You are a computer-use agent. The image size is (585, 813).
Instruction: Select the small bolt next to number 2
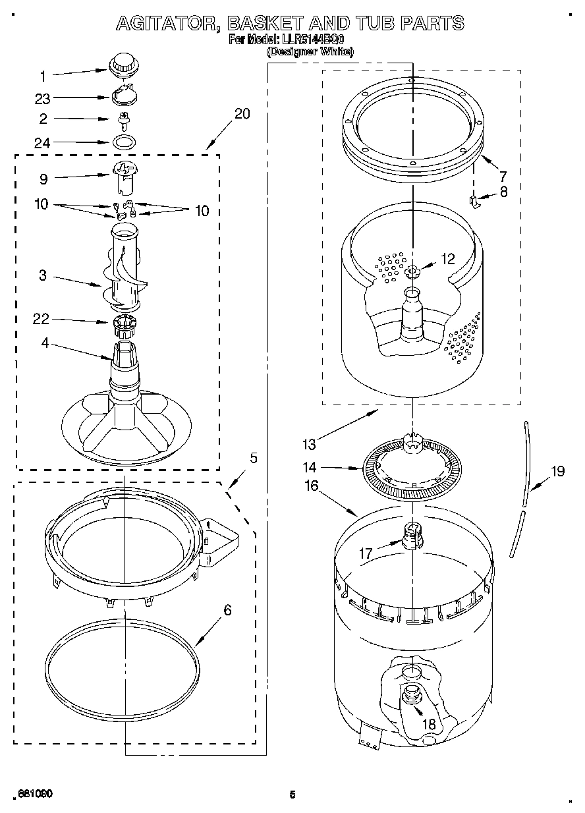tap(123, 119)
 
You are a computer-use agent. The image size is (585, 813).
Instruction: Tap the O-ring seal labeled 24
tap(123, 141)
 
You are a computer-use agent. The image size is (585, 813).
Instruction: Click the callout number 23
tap(42, 99)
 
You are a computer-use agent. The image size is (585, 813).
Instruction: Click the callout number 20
tap(242, 113)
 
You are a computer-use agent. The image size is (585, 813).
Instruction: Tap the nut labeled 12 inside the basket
tap(412, 270)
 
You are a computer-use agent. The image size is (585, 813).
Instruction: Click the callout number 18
tap(428, 724)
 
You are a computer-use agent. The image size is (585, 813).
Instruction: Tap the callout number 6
tap(227, 609)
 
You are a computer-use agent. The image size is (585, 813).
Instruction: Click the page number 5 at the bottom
tap(292, 794)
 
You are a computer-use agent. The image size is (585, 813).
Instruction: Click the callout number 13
tap(309, 445)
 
